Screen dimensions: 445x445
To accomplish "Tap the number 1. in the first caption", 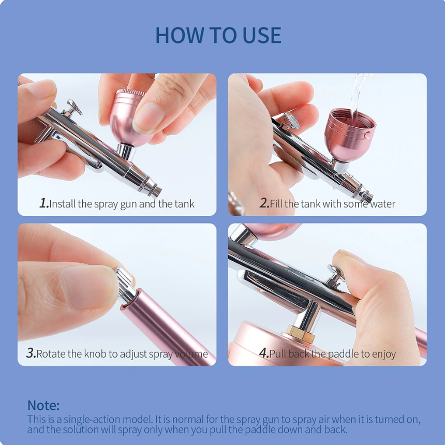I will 44,203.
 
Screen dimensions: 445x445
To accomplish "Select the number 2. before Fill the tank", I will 264,203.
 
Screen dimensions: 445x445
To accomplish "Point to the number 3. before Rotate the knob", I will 31,353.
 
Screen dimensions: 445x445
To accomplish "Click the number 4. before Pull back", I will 263,353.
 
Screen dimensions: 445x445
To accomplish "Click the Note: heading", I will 43,405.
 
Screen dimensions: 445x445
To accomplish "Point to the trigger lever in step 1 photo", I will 73,108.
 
